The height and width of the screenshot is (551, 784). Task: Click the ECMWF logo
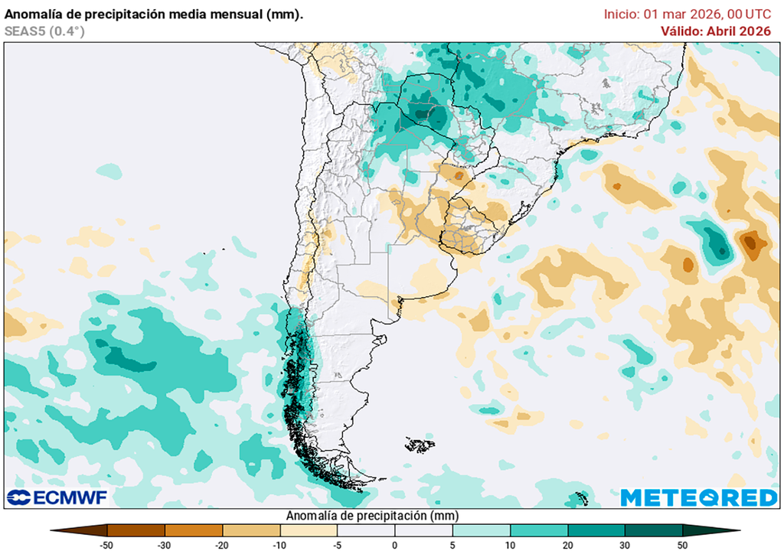click(x=57, y=497)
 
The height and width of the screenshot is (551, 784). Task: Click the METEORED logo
click(x=698, y=497)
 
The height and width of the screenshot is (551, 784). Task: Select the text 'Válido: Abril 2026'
click(x=716, y=31)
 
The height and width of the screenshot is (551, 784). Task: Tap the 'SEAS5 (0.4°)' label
click(x=44, y=31)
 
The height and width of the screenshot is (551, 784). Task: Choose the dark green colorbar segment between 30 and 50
click(x=653, y=530)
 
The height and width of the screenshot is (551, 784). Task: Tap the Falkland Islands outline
click(x=419, y=445)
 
